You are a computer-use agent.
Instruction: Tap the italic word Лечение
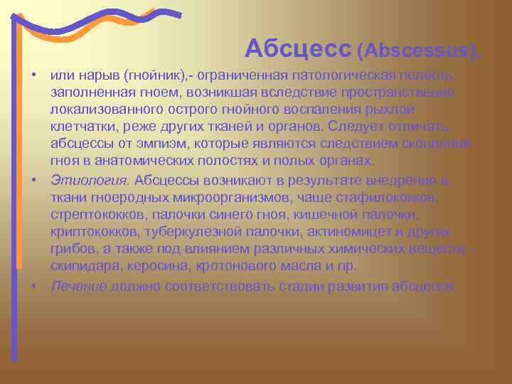78,285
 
